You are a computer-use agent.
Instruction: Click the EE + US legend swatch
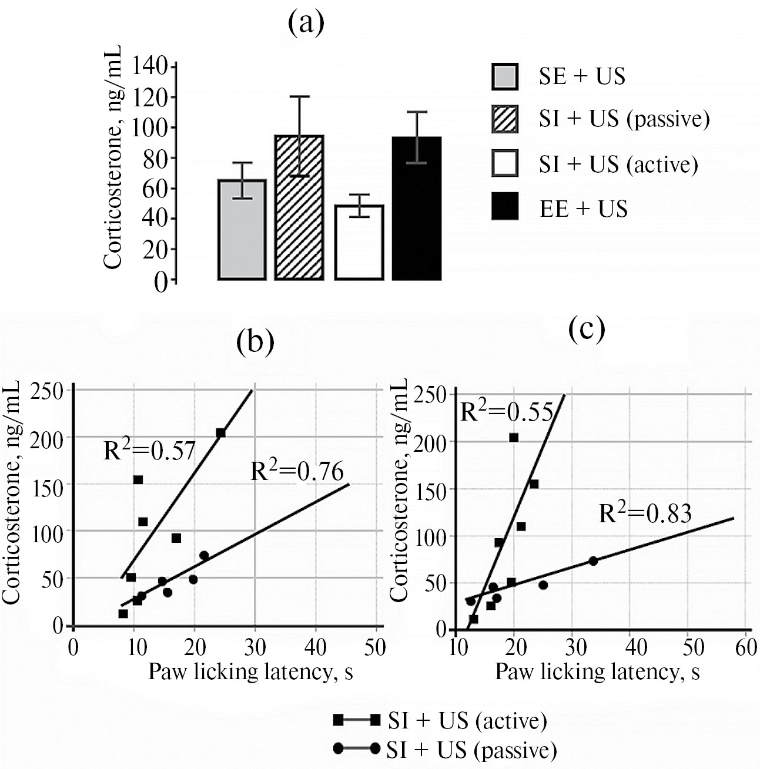[x=505, y=206]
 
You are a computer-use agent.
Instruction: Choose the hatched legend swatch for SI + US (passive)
[x=505, y=119]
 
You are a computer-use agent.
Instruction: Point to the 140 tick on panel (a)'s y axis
[x=151, y=66]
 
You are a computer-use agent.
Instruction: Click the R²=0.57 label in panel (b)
[x=149, y=451]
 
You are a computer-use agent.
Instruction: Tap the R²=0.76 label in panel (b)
[x=297, y=472]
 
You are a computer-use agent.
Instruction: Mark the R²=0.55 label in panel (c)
[x=506, y=412]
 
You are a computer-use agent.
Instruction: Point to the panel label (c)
[x=587, y=331]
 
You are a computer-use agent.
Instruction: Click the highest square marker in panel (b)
[x=221, y=433]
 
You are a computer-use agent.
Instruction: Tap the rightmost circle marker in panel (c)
[x=593, y=561]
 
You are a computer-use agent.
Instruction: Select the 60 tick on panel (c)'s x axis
[x=745, y=648]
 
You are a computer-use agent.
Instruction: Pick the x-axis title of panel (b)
[x=250, y=671]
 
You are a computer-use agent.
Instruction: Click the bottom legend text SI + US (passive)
[x=471, y=750]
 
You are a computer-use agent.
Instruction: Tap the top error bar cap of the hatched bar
[x=299, y=96]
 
